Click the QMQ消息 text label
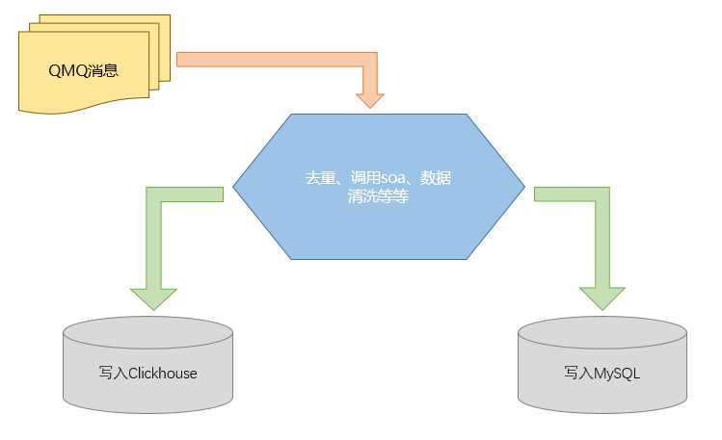pos(83,70)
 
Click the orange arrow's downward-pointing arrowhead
pos(370,99)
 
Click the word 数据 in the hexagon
pos(437,179)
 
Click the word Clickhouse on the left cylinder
pos(162,373)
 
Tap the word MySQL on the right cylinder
pos(616,373)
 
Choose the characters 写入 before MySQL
pos(577,373)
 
